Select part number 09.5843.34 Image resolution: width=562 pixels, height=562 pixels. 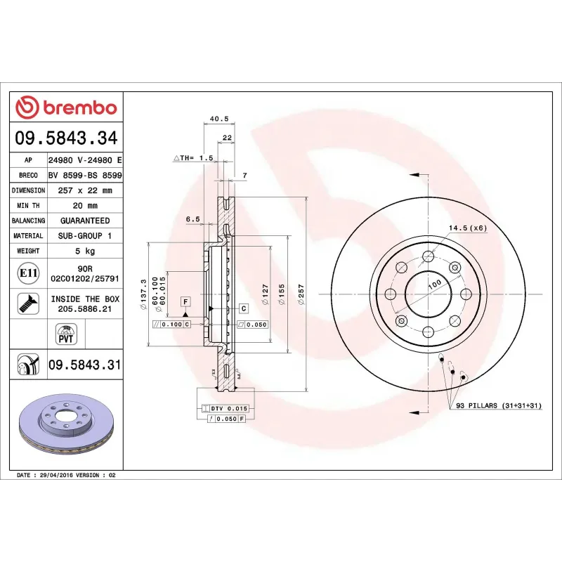coord(66,138)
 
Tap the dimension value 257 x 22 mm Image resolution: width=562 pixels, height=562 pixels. coord(84,190)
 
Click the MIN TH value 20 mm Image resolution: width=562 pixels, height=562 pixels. coord(84,206)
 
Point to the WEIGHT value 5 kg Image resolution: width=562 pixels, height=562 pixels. coord(84,251)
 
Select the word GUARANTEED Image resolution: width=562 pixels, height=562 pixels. coord(84,221)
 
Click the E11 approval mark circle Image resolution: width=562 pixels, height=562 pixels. coord(28,273)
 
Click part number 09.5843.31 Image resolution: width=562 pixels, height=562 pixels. coord(84,365)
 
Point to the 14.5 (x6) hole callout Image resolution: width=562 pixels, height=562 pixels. coord(468,228)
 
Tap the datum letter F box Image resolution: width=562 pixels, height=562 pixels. coord(185,301)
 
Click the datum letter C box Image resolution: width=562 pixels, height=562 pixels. coord(244,308)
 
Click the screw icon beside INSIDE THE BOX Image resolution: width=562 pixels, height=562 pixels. coord(28,303)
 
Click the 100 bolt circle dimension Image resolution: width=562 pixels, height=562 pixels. coord(434,282)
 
